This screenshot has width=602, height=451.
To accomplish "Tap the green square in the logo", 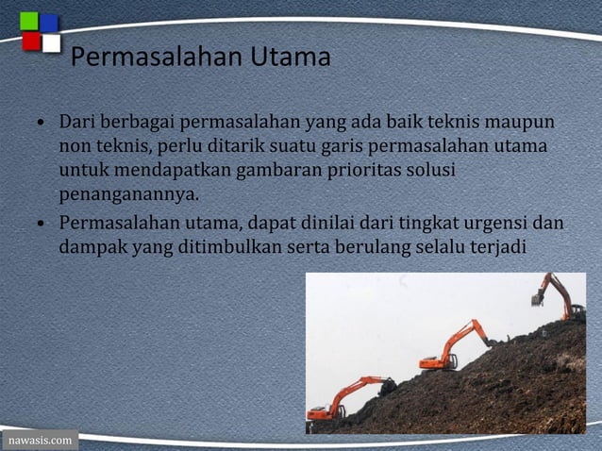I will point(29,22).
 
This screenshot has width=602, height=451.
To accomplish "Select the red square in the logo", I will point(31,42).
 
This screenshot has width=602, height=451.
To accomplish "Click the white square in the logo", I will point(51,43).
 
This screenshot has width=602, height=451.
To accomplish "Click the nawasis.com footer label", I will point(39,441).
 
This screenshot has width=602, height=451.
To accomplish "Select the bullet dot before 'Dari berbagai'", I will point(42,125).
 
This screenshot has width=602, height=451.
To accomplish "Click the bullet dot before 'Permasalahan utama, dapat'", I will point(42,225).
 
